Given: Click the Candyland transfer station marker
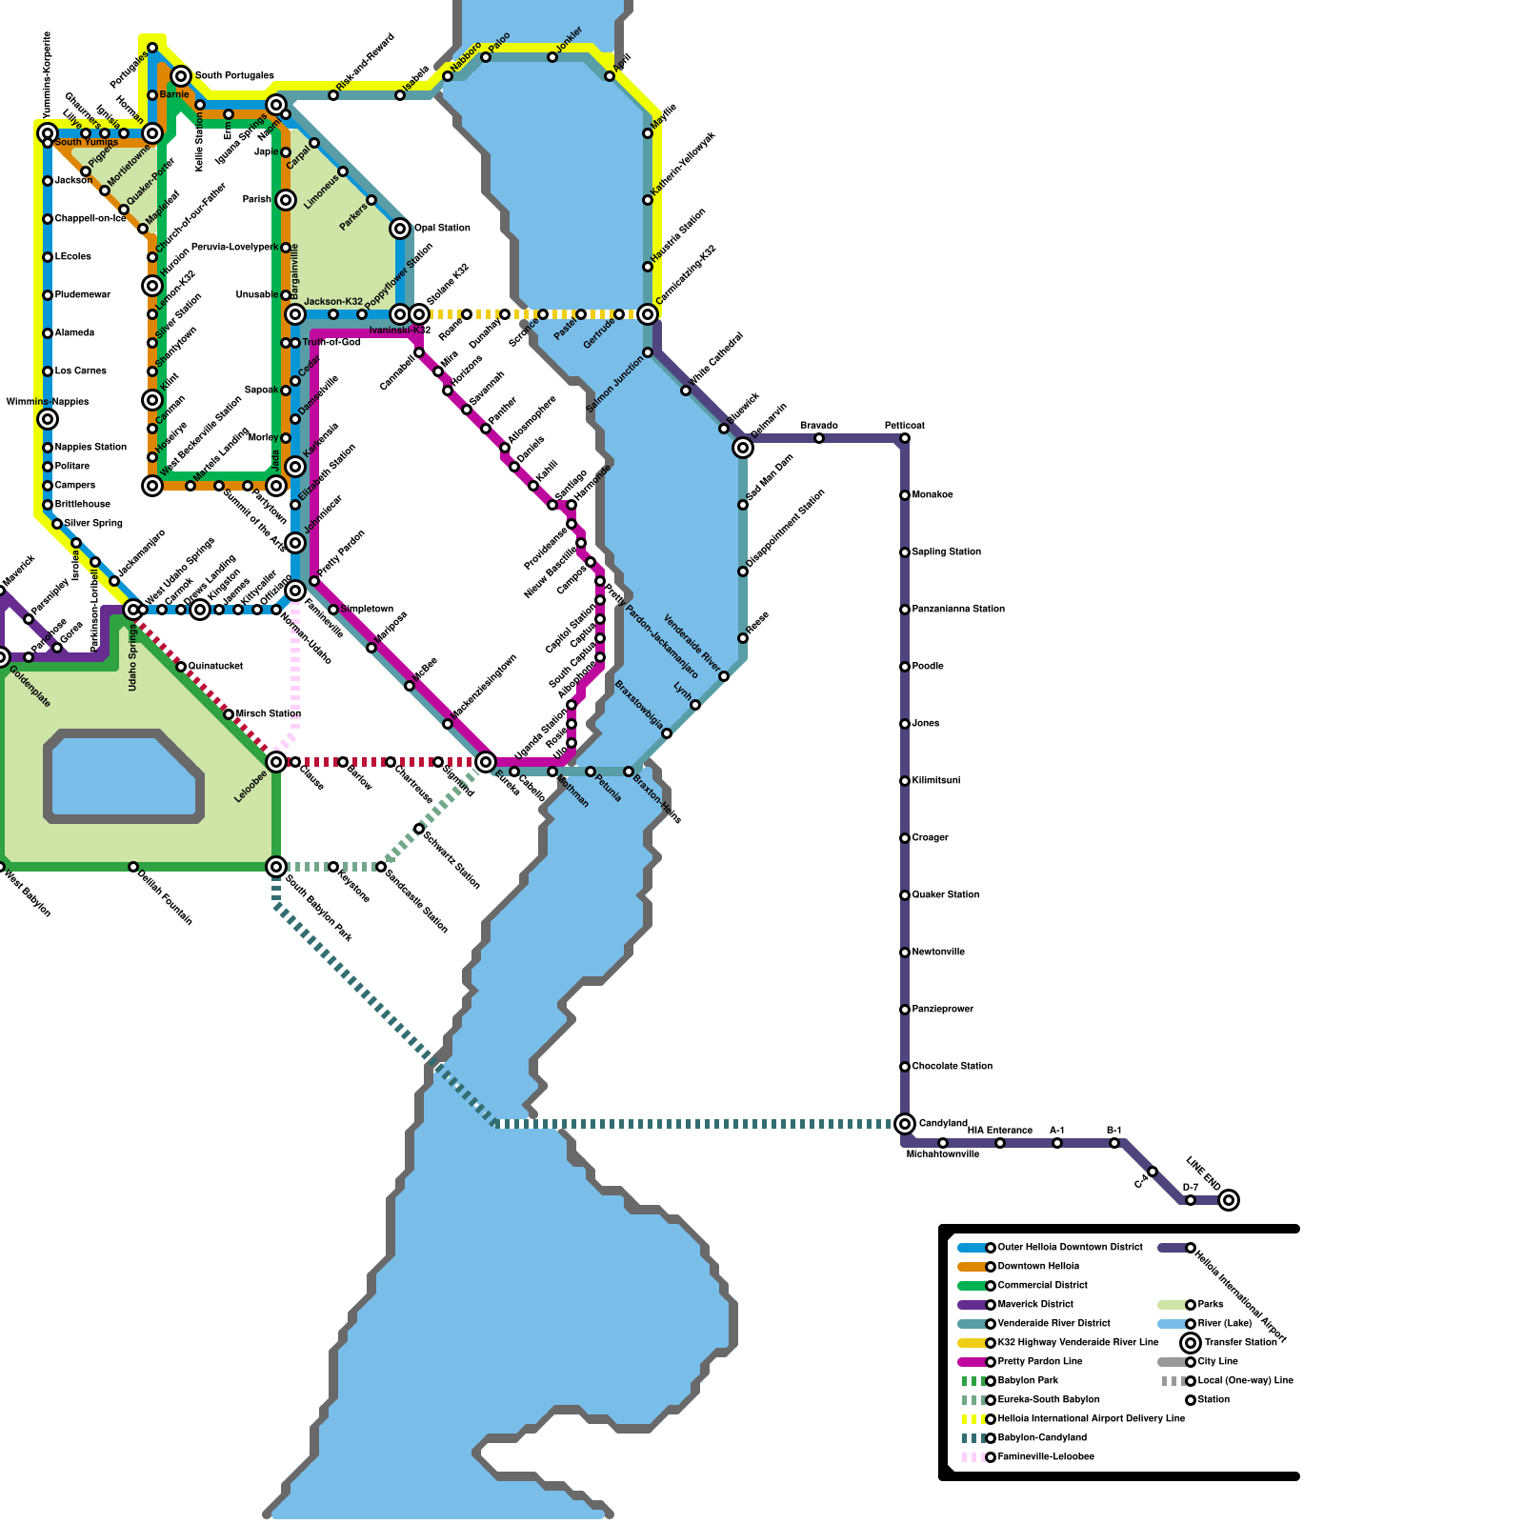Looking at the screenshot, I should pyautogui.click(x=905, y=1124).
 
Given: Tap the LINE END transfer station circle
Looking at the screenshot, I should pyautogui.click(x=1229, y=1200).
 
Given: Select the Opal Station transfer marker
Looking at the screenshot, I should pyautogui.click(x=400, y=229).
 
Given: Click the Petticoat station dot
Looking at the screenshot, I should pyautogui.click(x=905, y=438).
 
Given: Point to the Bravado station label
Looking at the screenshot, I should pyautogui.click(x=819, y=426).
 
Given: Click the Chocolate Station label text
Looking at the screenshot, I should pyautogui.click(x=952, y=1067).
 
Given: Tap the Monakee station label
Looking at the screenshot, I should pyautogui.click(x=932, y=495).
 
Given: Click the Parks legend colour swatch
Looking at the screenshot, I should pyautogui.click(x=1172, y=1305).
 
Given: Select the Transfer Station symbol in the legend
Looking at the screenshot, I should pyautogui.click(x=1191, y=1343).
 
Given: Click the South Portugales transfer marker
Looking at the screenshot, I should pyautogui.click(x=181, y=76).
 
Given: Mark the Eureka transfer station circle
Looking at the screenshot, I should pyautogui.click(x=486, y=762).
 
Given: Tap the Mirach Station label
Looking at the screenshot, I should pyautogui.click(x=269, y=714).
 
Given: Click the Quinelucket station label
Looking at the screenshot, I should pyautogui.click(x=216, y=667).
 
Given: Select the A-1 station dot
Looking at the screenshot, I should pyautogui.click(x=1057, y=1143).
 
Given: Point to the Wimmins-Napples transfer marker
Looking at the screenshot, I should pyautogui.click(x=48, y=419).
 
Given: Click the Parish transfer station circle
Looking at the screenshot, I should pyautogui.click(x=286, y=200).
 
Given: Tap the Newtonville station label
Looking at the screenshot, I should pyautogui.click(x=938, y=952).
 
